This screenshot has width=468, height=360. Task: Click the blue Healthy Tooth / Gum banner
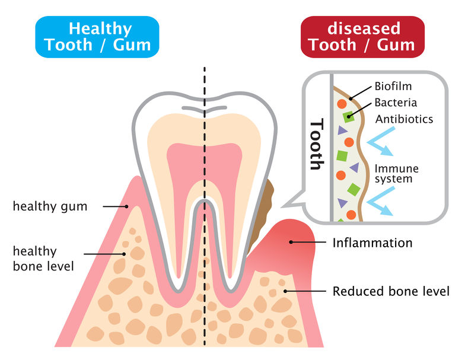[x=97, y=37]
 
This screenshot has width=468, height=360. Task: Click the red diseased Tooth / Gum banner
[x=362, y=37]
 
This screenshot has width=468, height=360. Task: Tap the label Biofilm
[x=393, y=86]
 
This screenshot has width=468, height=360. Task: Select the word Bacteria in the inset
[x=396, y=103]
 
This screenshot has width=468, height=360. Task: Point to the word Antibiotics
[x=404, y=119]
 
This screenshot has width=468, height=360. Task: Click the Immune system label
[x=396, y=173]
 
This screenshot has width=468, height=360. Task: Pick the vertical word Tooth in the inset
[x=317, y=144]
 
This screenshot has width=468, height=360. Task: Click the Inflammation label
[x=372, y=243]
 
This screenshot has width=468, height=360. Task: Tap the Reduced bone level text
[x=391, y=291]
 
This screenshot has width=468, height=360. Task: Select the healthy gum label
[x=50, y=206]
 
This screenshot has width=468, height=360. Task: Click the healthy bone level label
[x=43, y=259]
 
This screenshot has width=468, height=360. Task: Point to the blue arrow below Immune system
[x=381, y=201]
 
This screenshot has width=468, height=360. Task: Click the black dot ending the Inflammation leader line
[x=291, y=242]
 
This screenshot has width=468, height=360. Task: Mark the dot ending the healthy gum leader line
[x=126, y=206]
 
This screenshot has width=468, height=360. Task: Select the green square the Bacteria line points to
[x=348, y=117]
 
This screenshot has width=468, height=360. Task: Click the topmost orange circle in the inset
[x=342, y=104]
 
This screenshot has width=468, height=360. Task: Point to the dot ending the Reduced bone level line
[x=285, y=291]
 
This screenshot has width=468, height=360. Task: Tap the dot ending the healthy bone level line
[x=124, y=254]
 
